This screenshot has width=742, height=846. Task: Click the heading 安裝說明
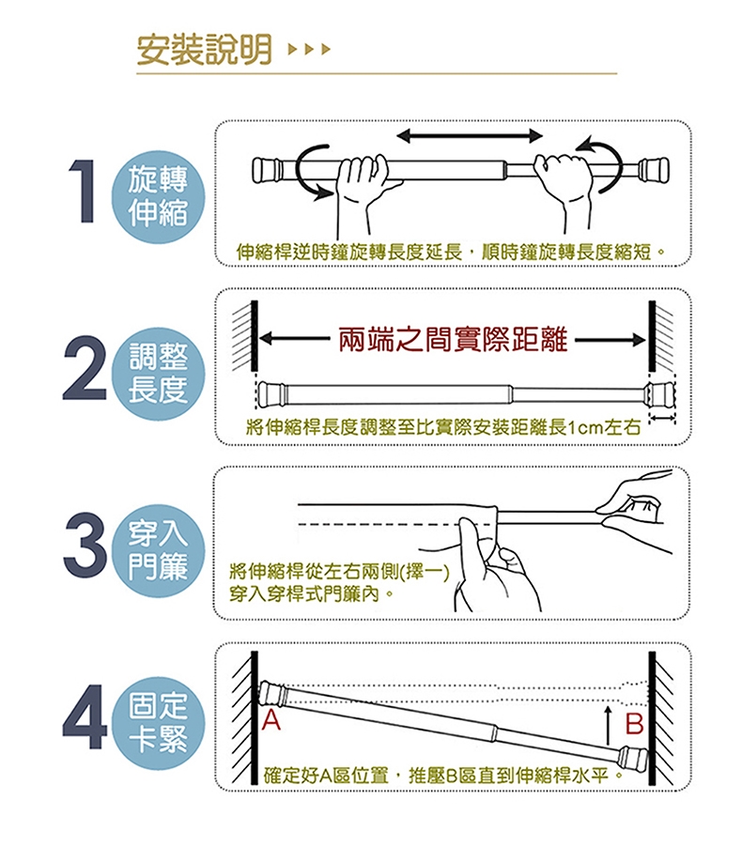click(x=205, y=50)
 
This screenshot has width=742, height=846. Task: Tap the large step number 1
click(x=82, y=191)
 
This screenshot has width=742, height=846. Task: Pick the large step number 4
click(x=85, y=717)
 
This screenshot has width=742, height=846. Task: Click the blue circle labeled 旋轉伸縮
click(x=158, y=196)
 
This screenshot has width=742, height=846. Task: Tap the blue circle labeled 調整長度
click(x=158, y=374)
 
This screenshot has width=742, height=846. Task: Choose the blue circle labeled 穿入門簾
click(x=158, y=550)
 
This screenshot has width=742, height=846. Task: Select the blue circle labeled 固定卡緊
click(x=158, y=723)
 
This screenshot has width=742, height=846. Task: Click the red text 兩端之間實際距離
click(x=453, y=339)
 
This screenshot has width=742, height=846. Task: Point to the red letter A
click(x=271, y=720)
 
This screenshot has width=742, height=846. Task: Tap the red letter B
click(x=634, y=724)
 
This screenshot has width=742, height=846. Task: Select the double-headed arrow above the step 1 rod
click(x=469, y=136)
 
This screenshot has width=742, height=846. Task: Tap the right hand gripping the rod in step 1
click(x=564, y=189)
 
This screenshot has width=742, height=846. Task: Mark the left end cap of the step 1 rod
click(x=267, y=169)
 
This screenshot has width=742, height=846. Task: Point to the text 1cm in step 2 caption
click(x=585, y=428)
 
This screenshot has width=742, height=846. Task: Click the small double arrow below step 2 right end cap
click(x=662, y=418)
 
